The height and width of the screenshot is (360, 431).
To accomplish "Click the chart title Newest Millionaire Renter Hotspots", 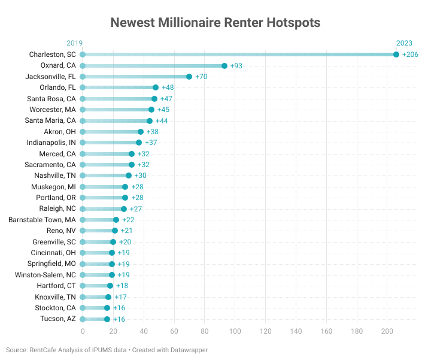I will coord(215,23).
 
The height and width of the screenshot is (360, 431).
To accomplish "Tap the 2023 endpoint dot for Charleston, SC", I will coord(396,55).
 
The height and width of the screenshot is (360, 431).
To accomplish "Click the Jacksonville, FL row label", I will coord(51,77).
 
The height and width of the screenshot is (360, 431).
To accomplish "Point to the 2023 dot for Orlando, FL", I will coord(156,87).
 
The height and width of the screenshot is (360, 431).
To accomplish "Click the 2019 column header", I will coord(75,43).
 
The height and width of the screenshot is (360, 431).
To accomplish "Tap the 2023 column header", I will coord(404,43).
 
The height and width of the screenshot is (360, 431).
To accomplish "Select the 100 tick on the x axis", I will coord(235,330).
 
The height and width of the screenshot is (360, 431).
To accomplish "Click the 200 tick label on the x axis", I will coord(387,330).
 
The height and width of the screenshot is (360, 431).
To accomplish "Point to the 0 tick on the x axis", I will coord(83,330).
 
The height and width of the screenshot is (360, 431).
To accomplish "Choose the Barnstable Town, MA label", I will coord(43,220).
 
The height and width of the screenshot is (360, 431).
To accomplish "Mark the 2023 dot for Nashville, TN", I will coord(129,176).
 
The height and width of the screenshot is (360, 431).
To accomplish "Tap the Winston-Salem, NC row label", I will coord(45,275).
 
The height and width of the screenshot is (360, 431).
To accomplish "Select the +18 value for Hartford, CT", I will coord(122,286).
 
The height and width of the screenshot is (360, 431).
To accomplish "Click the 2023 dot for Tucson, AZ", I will coord(107,319).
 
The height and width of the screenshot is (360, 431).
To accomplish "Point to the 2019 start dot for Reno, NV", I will coord(83,231).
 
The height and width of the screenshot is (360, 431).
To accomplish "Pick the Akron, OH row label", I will coord(60,132).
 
